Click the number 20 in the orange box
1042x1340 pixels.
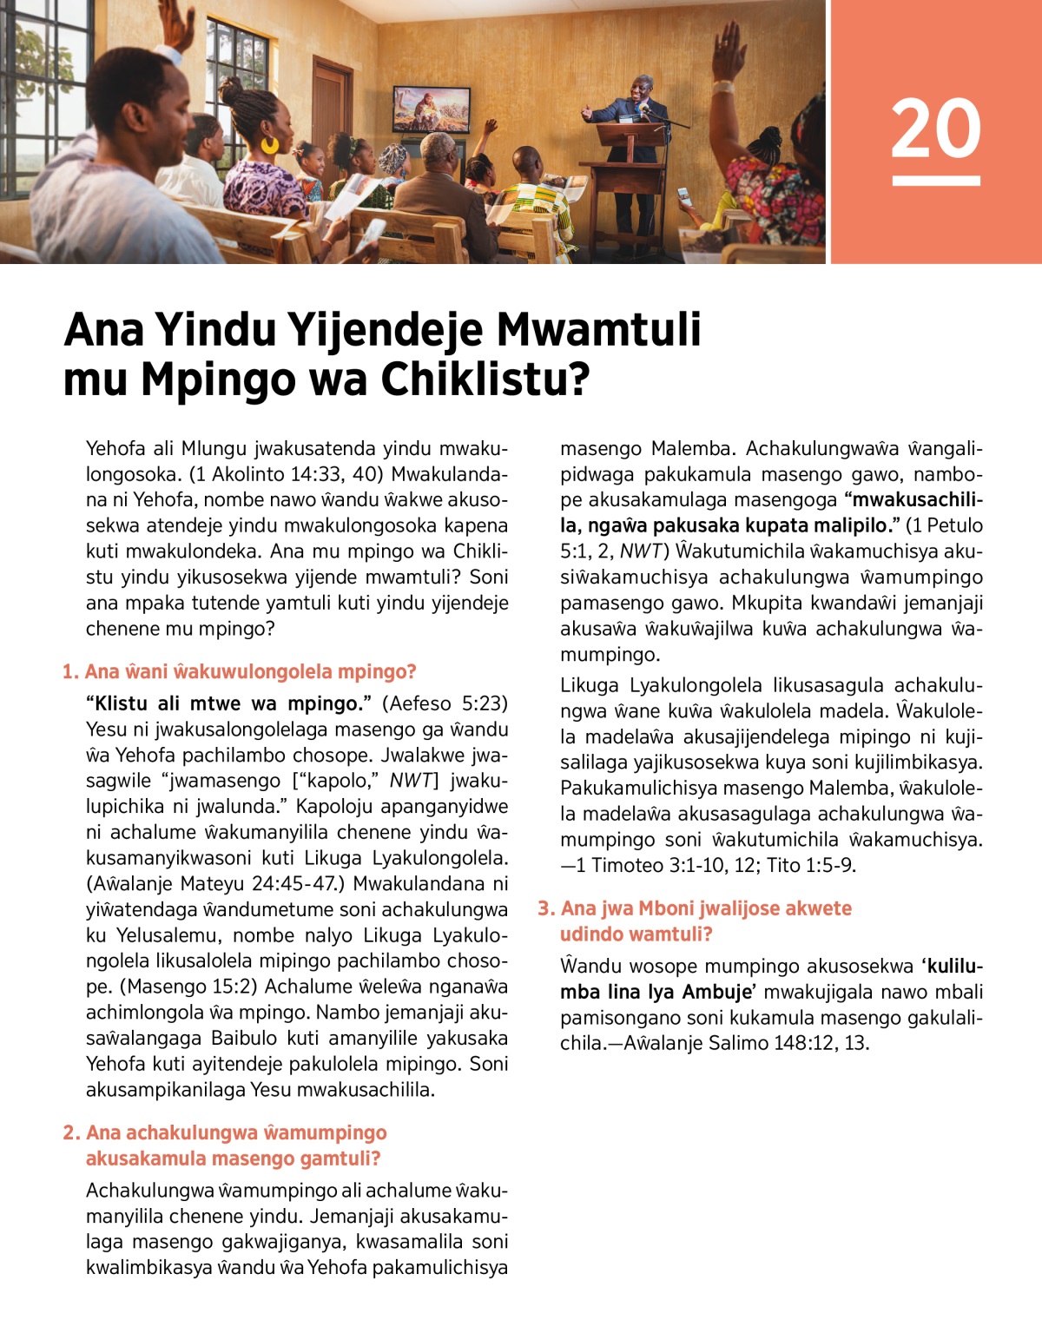pos(935,129)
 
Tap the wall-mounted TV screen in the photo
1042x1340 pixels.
pos(432,109)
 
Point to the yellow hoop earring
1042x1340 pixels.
pos(270,144)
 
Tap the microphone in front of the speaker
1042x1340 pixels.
pos(647,114)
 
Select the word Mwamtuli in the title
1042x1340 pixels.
pos(598,329)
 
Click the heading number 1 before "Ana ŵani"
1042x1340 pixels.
pos(69,671)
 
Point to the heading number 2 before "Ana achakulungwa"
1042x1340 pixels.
pos(69,1132)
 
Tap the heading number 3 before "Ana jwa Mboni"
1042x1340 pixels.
pos(544,908)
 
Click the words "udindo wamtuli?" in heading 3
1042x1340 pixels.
pos(636,934)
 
